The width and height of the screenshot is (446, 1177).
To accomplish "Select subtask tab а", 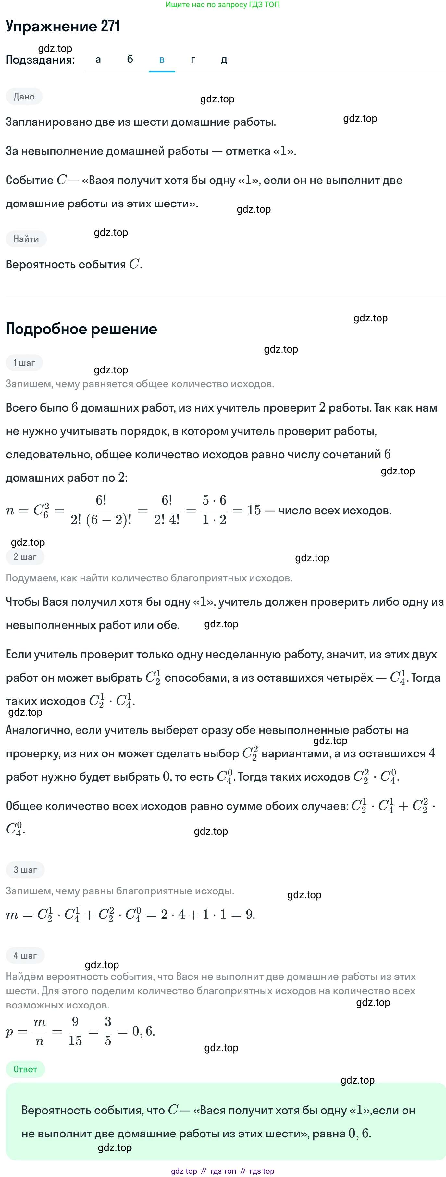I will point(98,59).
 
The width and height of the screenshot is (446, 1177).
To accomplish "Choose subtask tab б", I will point(130,59).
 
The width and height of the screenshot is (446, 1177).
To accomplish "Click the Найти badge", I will point(26,239).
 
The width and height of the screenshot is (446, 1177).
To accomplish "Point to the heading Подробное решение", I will point(81,329).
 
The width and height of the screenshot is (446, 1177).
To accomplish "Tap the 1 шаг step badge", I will point(24,363).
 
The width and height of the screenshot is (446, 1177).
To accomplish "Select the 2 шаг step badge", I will point(25,557).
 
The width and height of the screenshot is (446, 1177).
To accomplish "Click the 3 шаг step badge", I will point(25,870).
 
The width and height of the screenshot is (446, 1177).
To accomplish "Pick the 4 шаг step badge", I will point(25,955).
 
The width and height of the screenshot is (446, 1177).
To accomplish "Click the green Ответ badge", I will point(25,1069).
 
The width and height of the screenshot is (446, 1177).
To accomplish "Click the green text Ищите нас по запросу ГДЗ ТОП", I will point(222,5).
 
